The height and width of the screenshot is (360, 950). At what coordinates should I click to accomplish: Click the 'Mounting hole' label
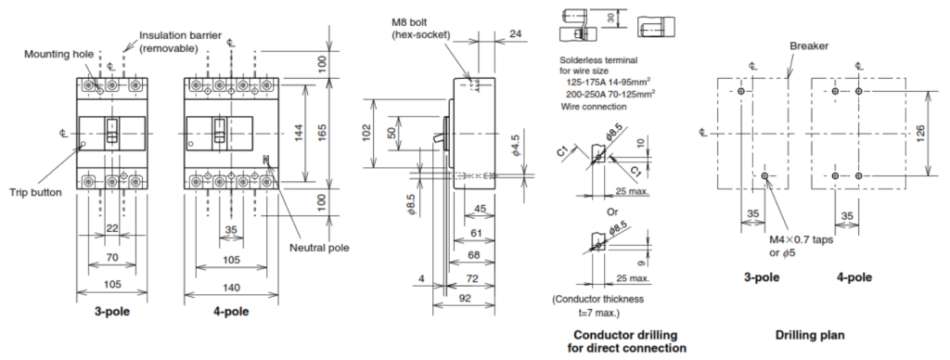click(58, 55)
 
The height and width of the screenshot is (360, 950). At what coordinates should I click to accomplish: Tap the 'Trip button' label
click(35, 193)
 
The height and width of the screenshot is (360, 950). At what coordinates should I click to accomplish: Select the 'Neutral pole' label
click(319, 248)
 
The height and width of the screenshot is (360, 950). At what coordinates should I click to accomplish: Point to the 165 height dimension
click(322, 130)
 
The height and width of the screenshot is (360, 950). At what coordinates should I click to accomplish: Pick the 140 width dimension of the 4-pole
click(231, 288)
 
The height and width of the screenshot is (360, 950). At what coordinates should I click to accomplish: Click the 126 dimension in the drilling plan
click(919, 134)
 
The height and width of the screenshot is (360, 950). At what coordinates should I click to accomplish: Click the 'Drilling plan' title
click(809, 335)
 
